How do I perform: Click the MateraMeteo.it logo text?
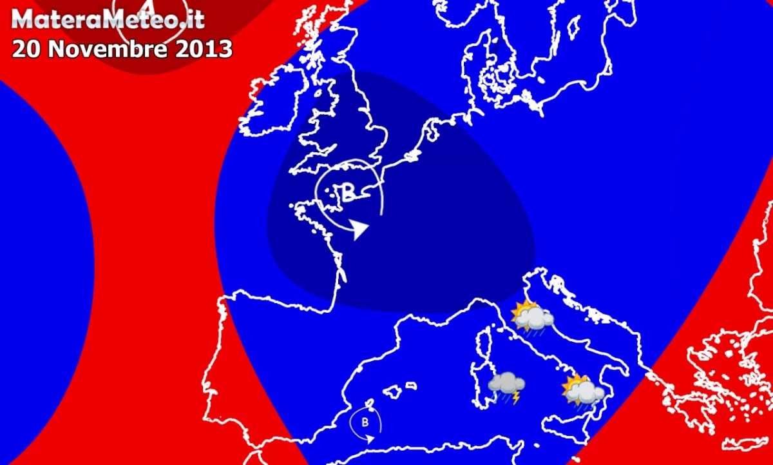[x=108, y=20]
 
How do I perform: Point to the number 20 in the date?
[x=27, y=49]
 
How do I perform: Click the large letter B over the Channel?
[x=348, y=193]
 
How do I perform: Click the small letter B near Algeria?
[x=365, y=423]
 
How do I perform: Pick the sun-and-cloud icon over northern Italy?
[x=531, y=317]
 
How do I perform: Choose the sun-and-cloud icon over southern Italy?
[x=582, y=390]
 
